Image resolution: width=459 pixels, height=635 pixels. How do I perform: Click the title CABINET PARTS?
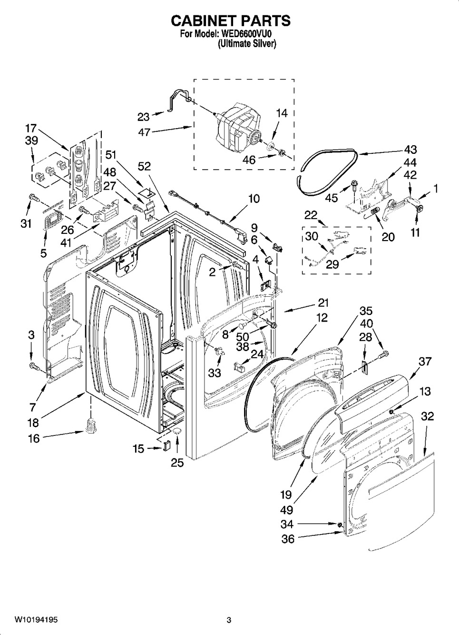click(x=230, y=21)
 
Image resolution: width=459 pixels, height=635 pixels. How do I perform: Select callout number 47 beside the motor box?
click(x=144, y=132)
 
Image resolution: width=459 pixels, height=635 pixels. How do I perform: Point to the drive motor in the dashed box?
click(x=238, y=126)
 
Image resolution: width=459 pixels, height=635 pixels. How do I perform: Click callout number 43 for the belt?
click(x=410, y=149)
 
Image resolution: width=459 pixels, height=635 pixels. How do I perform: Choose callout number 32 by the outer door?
click(x=428, y=416)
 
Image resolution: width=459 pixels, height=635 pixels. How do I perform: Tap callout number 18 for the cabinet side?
click(x=33, y=422)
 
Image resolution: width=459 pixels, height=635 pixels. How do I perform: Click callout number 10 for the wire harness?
click(x=254, y=198)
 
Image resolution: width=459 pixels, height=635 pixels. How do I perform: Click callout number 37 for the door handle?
click(x=425, y=362)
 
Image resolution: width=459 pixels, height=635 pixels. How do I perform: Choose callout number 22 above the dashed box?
click(x=311, y=215)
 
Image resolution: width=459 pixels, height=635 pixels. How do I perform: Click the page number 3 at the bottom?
click(x=229, y=620)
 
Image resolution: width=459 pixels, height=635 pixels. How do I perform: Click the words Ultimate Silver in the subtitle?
click(x=247, y=43)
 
